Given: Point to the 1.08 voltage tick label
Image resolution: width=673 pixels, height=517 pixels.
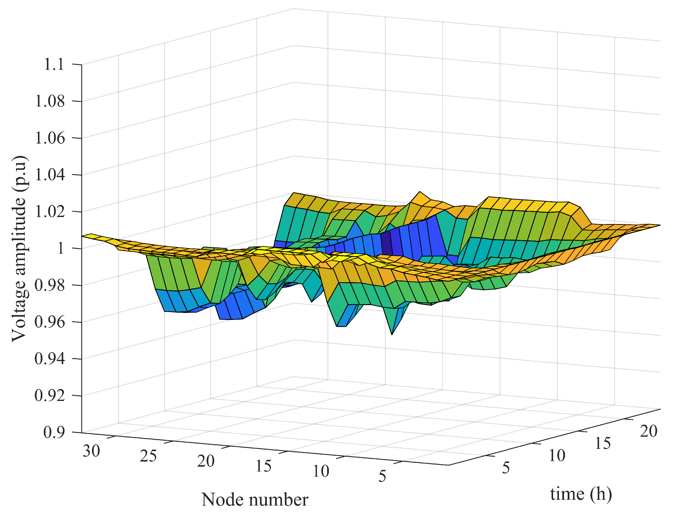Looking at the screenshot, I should click(x=50, y=101).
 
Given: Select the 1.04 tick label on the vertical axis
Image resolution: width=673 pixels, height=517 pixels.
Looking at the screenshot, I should click(x=50, y=175).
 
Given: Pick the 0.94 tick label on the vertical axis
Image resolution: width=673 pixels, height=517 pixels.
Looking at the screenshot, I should click(x=50, y=359).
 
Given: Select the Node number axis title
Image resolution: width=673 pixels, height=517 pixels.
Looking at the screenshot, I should click(x=255, y=499).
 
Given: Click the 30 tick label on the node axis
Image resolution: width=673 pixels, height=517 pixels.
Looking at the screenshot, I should click(x=91, y=451).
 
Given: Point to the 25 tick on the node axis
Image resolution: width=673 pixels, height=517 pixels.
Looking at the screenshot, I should click(x=149, y=456).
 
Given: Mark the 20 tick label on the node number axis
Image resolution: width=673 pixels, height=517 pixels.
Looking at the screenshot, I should click(x=206, y=461).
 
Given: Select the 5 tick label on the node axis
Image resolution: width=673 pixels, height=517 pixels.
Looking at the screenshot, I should click(x=382, y=476).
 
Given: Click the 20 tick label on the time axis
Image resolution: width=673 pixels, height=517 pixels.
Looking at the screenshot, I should click(x=649, y=431).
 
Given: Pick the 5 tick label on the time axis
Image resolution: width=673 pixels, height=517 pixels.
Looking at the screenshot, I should click(x=506, y=468).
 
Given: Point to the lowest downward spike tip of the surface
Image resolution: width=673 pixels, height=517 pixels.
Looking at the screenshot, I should click(x=392, y=335).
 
